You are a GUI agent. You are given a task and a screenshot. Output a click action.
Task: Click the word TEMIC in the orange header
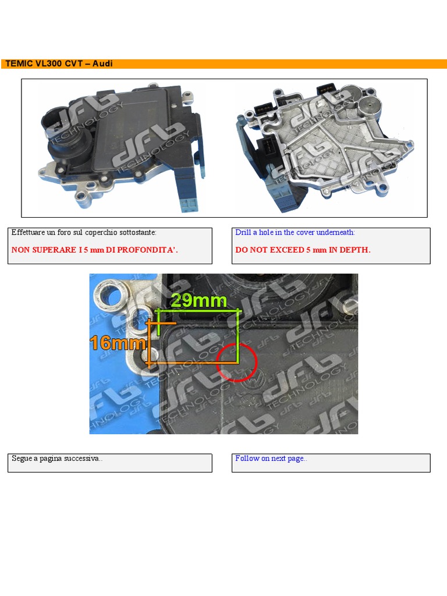coord(20,63)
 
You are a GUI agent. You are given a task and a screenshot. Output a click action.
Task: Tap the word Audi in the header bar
coord(102,63)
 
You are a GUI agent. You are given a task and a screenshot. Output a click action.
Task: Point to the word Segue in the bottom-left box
coord(22,458)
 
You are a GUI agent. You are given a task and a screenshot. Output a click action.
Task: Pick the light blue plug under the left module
coord(190,203)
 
